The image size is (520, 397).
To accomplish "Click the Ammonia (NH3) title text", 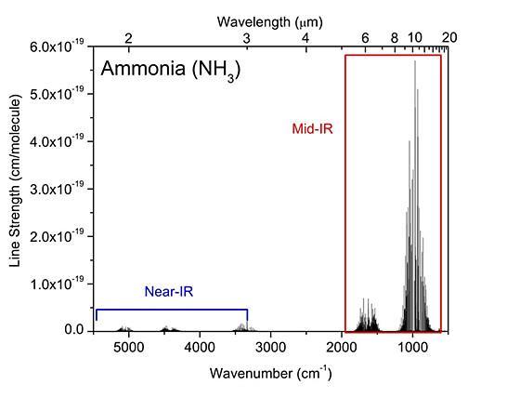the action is coord(171,70).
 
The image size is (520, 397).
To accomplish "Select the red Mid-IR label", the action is coord(312,128).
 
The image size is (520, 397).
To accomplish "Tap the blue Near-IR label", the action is coord(169,291).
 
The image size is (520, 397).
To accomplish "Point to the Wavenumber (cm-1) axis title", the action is coord(270,373).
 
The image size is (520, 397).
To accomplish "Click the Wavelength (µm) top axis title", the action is coord(270,22).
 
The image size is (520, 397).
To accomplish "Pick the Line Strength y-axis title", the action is coord(15,180).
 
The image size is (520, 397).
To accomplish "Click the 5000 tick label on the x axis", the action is coord(129,347).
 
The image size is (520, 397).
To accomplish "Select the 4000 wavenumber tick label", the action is coord(200,347).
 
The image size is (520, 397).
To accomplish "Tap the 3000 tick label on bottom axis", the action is coord(270,347).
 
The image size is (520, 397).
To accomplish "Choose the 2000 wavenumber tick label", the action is coord(342,347).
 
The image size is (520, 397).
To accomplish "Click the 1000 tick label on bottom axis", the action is coord(412,347).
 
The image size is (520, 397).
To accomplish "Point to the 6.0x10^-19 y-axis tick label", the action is coord(56,46).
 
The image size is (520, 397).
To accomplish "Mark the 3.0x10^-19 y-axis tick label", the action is coord(56,190).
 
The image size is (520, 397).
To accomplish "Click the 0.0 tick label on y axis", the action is coord(74,330).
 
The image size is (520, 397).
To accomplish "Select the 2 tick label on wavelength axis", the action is coord(128,38).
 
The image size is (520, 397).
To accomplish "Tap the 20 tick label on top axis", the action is coord(449,37).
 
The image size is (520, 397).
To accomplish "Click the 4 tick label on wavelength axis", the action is coord(305,38).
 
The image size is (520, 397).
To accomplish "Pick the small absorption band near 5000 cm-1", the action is coord(124,328).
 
